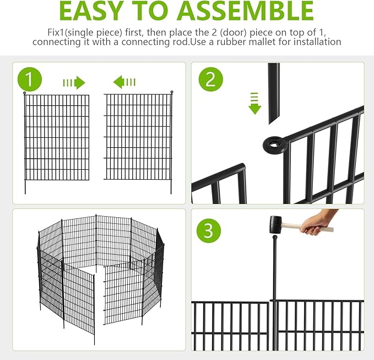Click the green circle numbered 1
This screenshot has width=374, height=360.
tap(30, 79)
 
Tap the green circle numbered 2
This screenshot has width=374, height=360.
tap(210, 79)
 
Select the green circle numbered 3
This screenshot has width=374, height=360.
tap(208, 230)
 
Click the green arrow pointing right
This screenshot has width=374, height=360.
tap(74, 83)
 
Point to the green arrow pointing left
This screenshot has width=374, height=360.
tap(124, 82)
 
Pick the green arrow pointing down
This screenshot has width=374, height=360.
tap(254, 103)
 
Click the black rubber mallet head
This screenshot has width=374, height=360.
tap(276, 224)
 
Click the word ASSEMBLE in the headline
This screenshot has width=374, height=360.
tap(245, 11)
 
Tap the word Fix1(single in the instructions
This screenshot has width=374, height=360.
tap(72, 33)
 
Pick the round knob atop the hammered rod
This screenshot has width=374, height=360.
tap(275, 238)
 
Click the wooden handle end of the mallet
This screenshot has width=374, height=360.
tap(330, 230)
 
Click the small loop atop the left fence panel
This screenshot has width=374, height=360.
tap(25, 93)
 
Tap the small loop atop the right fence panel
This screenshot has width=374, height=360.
tap(171, 92)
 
